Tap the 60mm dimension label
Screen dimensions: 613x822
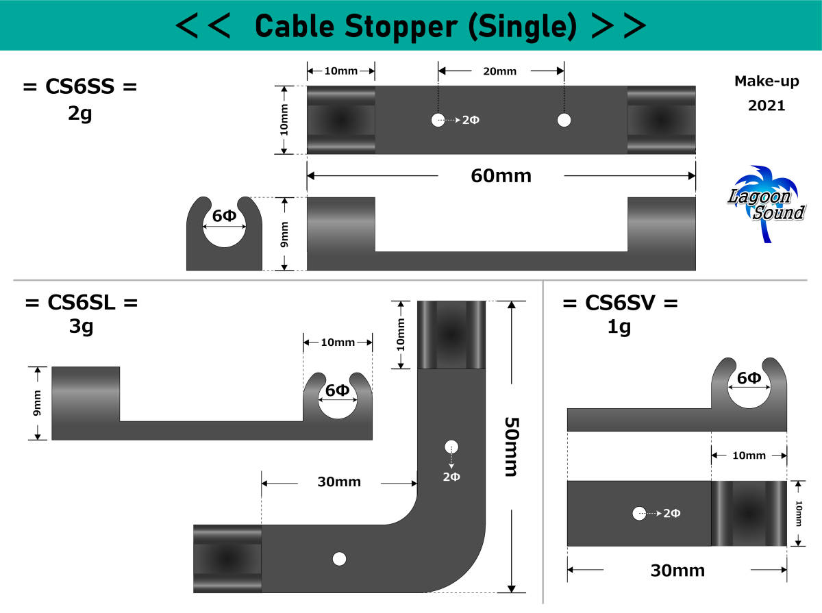pos(501,176)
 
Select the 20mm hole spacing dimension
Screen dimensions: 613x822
pos(500,71)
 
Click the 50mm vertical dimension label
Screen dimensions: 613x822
pos(512,447)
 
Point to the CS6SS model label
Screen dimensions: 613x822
pos(80,88)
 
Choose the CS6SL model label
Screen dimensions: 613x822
pos(81,302)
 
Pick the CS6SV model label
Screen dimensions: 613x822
pos(620,302)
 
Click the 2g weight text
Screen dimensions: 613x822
pos(80,113)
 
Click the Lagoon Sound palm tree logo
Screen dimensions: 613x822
pos(767,202)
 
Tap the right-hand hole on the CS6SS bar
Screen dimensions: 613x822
pos(564,121)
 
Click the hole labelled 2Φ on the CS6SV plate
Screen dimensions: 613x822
pos(639,512)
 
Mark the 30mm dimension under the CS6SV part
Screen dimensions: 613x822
pos(677,571)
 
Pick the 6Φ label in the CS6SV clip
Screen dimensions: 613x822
pos(749,378)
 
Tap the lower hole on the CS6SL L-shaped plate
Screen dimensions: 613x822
pos(339,558)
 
